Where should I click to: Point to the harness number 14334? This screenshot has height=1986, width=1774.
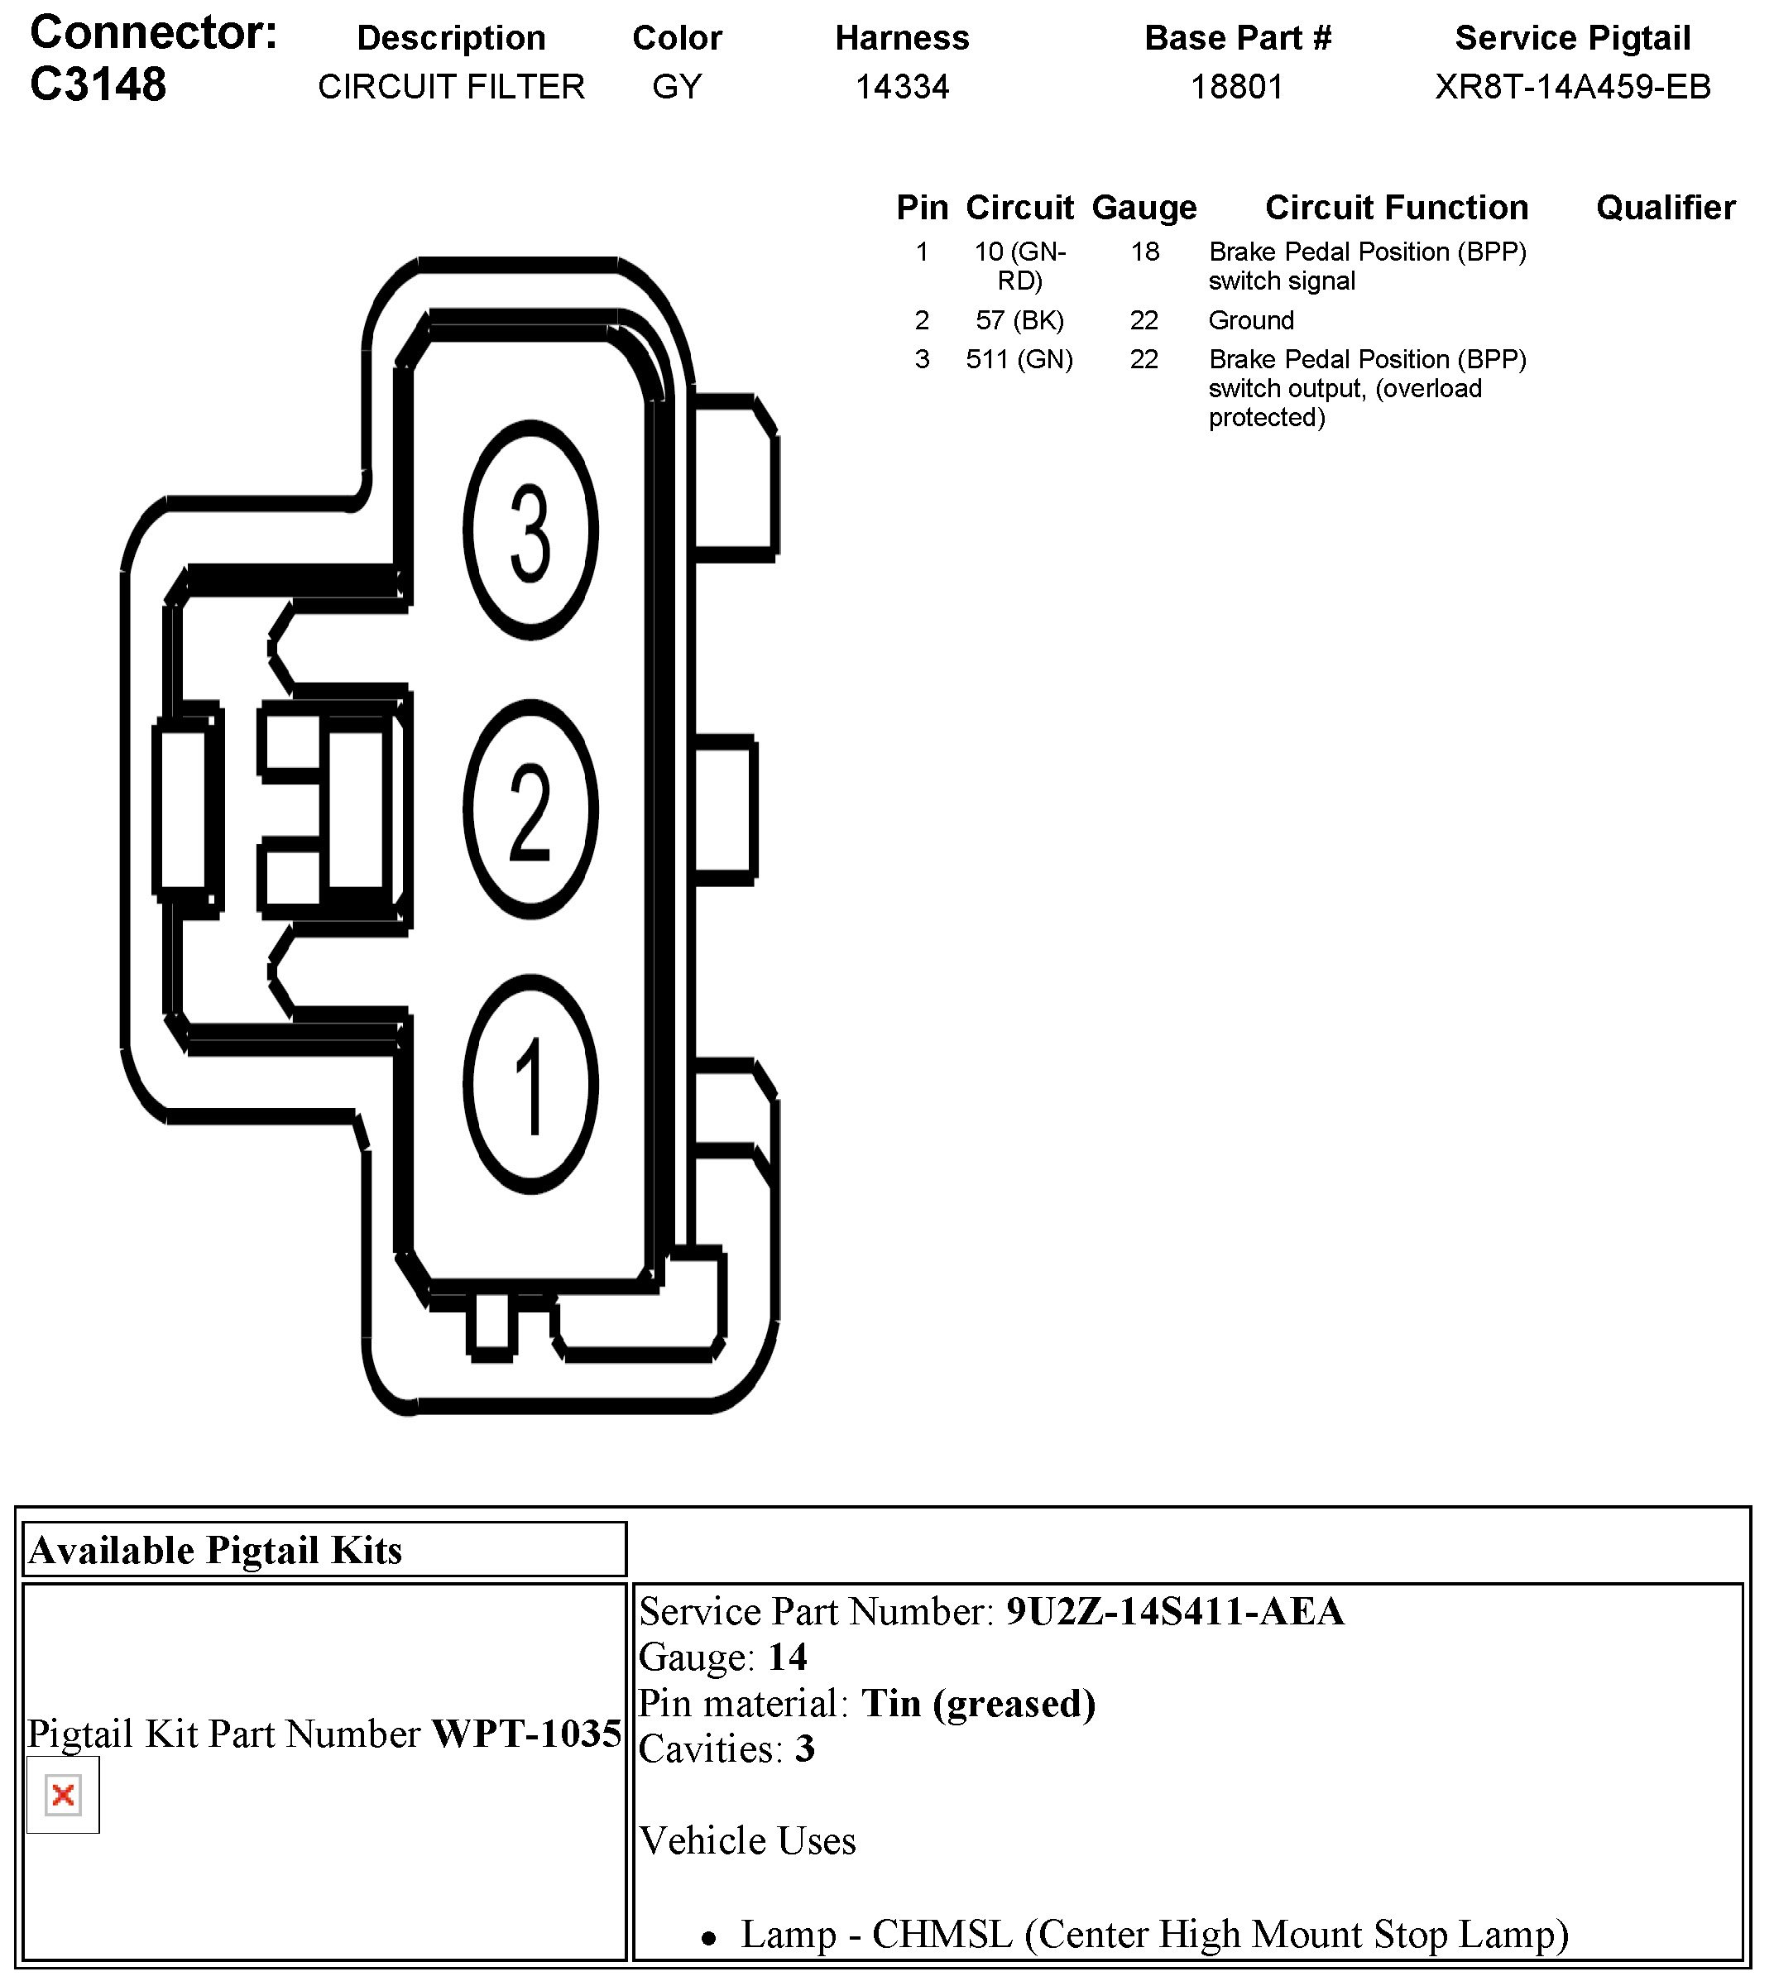point(902,87)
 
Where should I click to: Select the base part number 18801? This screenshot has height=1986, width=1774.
point(1237,87)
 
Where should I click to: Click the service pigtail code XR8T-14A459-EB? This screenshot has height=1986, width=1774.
point(1572,87)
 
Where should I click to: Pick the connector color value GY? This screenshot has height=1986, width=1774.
point(677,87)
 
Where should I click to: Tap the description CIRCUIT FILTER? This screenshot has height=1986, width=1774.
point(451,87)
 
